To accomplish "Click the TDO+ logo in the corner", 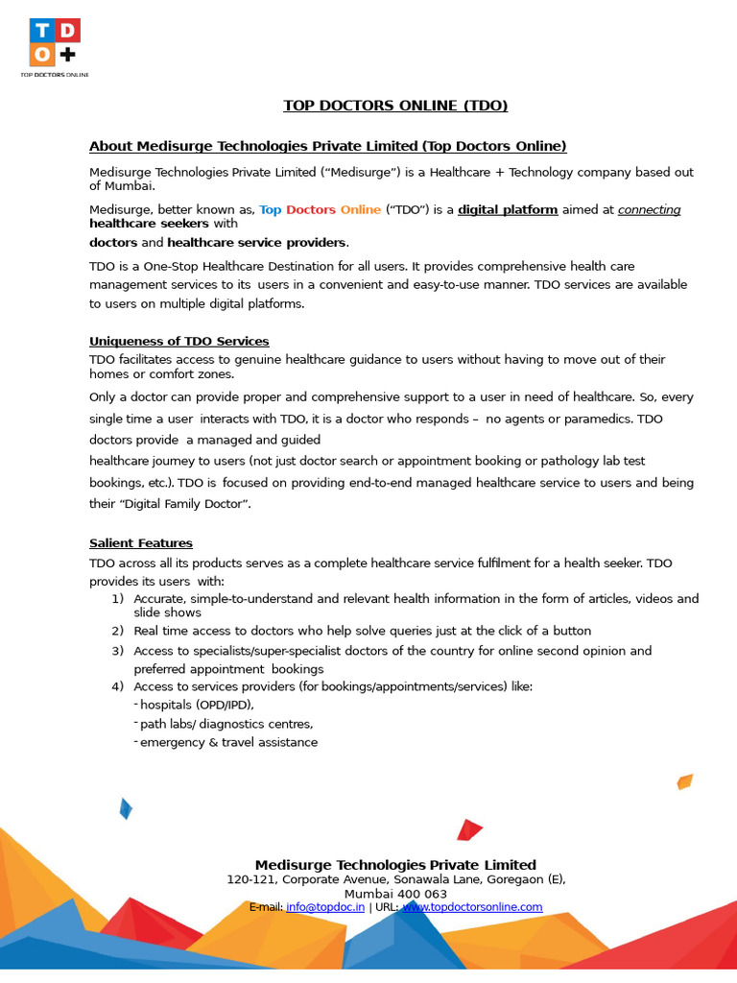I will coord(54,44).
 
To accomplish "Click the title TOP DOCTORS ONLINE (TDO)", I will coord(395,106).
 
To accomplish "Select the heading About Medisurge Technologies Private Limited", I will coord(327,146).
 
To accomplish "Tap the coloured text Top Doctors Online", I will coord(320,209).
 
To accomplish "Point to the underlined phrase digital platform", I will coord(508,209).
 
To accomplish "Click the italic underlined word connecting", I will coord(649,209).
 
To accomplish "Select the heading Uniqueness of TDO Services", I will coord(178,341).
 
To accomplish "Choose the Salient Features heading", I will coord(140,543).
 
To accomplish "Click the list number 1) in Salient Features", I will coord(117,599).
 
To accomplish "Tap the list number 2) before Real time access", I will coord(117,632).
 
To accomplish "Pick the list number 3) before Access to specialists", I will coord(117,651).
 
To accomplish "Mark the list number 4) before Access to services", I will coord(117,686).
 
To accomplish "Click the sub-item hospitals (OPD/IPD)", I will coord(197,705).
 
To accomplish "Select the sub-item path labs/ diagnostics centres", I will coord(226,724).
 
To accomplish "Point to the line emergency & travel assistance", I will coord(228,742).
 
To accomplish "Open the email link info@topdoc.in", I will coord(325,907).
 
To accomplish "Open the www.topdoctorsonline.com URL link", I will coord(472,907).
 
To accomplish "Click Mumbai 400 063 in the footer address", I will coord(395,894).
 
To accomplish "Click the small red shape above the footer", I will coord(469,829).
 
